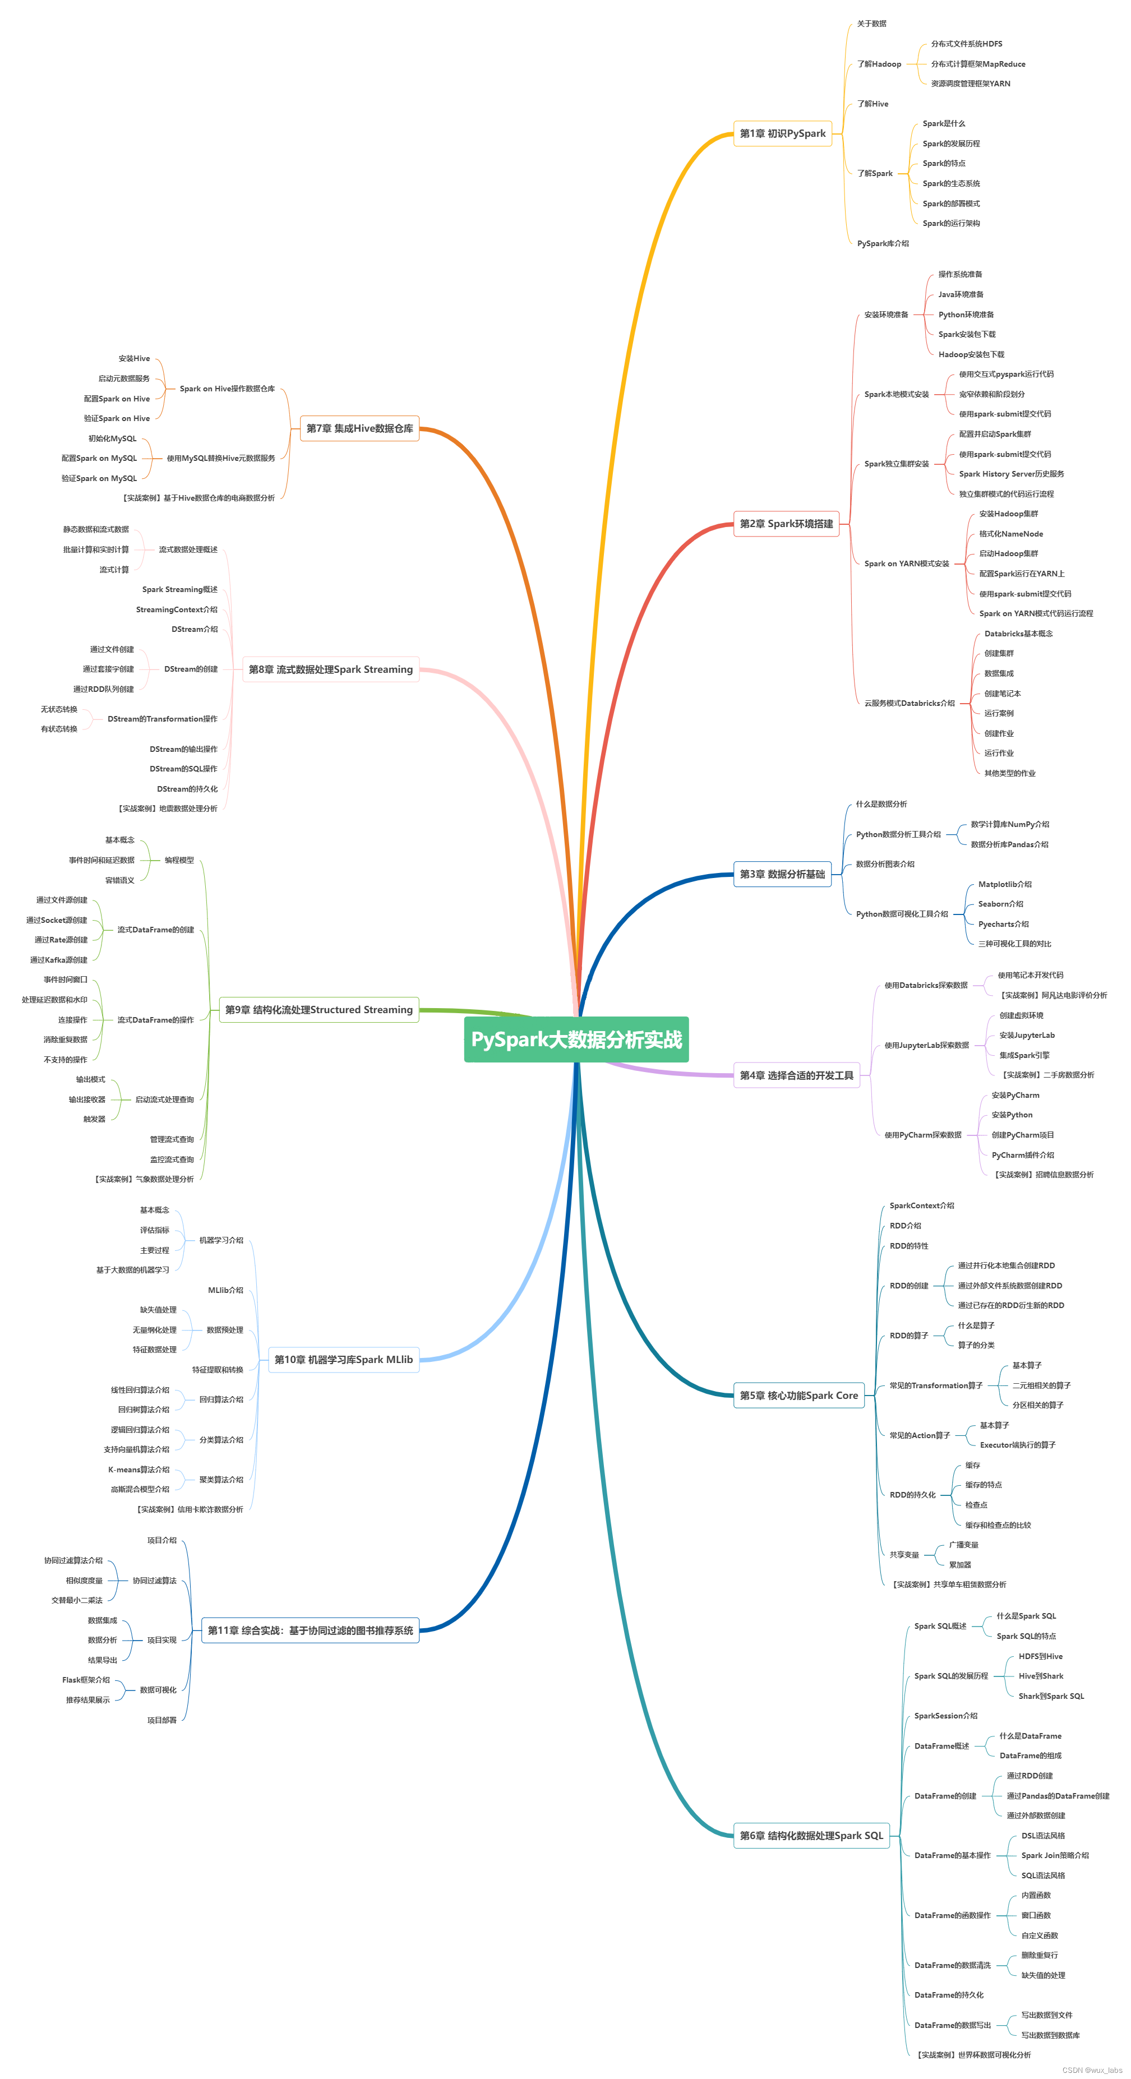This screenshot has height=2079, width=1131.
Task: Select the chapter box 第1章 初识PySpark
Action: tap(782, 134)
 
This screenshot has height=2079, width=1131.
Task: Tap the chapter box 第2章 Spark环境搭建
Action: tap(786, 524)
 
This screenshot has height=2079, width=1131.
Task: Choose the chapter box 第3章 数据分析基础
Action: tap(782, 874)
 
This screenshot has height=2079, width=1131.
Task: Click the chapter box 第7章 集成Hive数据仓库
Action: tap(359, 428)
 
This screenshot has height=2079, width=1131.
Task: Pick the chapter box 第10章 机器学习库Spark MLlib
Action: tap(343, 1360)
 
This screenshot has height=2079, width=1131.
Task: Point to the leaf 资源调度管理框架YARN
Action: tap(971, 84)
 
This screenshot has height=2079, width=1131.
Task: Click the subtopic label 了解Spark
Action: tap(874, 173)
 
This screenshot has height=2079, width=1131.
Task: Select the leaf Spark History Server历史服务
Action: tap(1010, 474)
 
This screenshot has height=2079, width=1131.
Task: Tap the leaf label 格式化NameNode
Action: tap(1010, 534)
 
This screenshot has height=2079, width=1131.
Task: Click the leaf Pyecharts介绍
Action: tap(1004, 924)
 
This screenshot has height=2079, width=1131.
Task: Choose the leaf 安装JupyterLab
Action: tap(1027, 1036)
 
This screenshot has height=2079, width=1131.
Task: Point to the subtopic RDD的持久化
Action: tap(912, 1495)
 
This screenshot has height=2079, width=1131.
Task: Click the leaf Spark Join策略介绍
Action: tap(1054, 1855)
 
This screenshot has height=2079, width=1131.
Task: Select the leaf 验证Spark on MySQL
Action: tap(99, 479)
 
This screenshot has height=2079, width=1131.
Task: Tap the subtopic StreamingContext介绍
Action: tap(177, 610)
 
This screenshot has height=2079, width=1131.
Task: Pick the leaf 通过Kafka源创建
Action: tap(59, 960)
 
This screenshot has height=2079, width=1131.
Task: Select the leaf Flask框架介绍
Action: tap(86, 1680)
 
